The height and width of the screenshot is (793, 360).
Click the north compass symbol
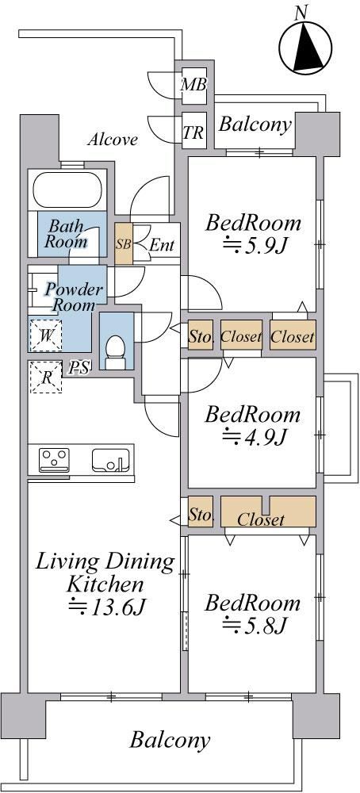click(x=304, y=42)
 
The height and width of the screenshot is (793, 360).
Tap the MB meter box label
click(x=194, y=85)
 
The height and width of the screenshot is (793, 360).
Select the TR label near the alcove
click(x=193, y=133)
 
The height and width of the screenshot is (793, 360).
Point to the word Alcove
click(x=113, y=140)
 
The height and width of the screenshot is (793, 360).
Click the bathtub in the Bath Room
click(x=67, y=190)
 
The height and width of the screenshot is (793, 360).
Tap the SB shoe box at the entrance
click(x=124, y=243)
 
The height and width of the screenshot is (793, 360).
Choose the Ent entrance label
click(x=162, y=245)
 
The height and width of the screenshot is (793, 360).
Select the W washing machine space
click(x=45, y=335)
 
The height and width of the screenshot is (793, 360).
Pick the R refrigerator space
click(x=45, y=377)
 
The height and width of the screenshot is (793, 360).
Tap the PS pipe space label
click(x=79, y=367)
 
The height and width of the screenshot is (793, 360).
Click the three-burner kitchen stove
click(x=54, y=460)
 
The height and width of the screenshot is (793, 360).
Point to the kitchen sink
click(x=108, y=460)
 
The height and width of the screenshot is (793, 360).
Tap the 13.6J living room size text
click(x=107, y=607)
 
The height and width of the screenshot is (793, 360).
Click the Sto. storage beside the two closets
click(x=201, y=335)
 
